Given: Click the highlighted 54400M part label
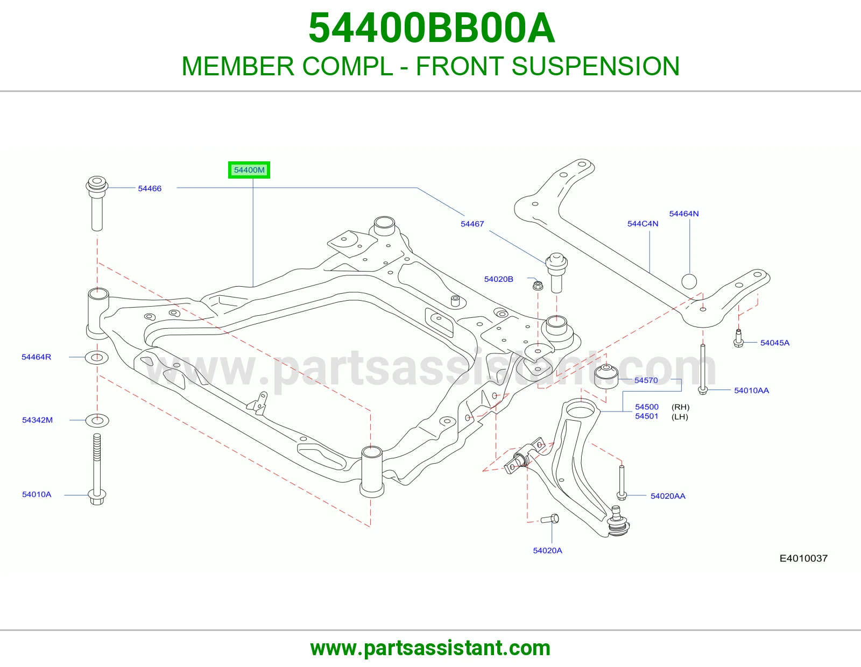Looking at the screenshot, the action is tap(249, 170).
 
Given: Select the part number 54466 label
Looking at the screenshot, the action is tap(150, 188).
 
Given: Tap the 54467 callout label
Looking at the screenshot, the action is tap(472, 224).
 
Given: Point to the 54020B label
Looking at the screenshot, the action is tap(498, 279).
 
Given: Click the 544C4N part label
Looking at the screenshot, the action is tap(643, 224).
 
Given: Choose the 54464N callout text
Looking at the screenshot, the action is tap(684, 214).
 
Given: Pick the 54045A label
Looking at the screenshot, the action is tap(774, 343).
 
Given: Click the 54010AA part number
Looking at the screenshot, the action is tap(751, 391).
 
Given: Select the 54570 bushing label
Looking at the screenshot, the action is tap(646, 380).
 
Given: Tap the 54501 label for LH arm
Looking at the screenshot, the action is tap(646, 416).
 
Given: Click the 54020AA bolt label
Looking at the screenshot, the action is tap(668, 496).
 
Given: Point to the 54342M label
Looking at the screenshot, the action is tap(37, 420).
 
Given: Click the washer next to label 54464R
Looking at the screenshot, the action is tap(97, 358).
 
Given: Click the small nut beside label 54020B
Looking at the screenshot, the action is tap(538, 285).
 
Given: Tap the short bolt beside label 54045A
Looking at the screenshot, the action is tap(738, 338).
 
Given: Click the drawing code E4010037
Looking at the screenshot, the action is tap(803, 558).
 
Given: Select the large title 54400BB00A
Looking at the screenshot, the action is tap(432, 28).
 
